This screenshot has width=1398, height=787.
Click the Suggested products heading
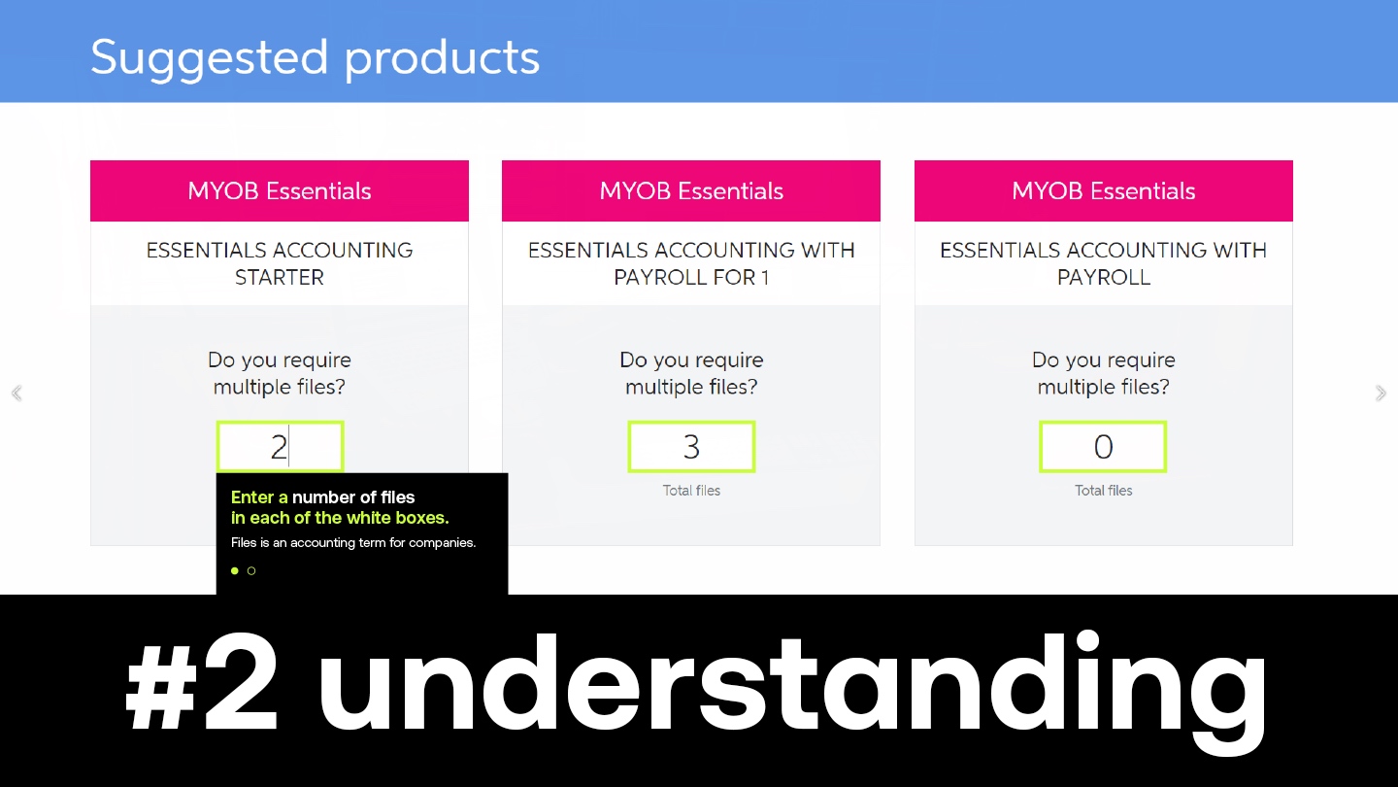[316, 58]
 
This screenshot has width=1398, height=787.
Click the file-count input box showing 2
[281, 446]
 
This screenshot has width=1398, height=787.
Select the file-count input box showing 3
[691, 446]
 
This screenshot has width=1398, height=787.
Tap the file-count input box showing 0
[1103, 446]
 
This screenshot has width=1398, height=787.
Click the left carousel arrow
[17, 393]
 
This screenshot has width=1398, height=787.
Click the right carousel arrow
[1381, 393]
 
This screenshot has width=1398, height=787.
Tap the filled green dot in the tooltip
[235, 570]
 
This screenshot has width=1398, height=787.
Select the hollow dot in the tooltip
[251, 570]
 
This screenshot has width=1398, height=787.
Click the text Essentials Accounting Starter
[280, 263]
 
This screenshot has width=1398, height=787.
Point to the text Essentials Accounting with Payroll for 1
[691, 263]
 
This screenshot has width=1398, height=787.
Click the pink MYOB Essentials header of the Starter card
[280, 190]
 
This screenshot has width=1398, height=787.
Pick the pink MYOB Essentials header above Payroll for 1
[691, 190]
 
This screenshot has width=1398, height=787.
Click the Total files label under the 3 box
[691, 491]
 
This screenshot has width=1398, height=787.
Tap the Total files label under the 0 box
[1104, 491]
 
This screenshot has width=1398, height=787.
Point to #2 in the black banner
[201, 687]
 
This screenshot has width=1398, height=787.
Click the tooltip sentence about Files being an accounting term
[353, 542]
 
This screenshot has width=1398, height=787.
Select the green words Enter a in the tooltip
[259, 497]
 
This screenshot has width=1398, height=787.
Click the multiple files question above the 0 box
[1104, 373]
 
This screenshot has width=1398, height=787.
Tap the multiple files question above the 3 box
[691, 373]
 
